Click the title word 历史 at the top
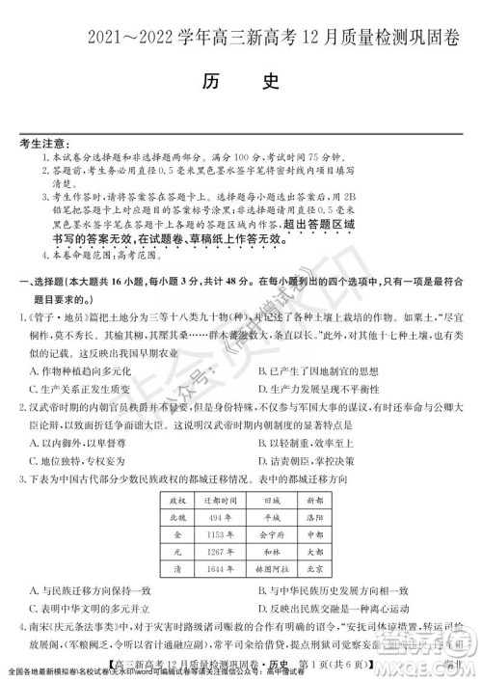click(241, 82)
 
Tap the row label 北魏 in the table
click(176, 516)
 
